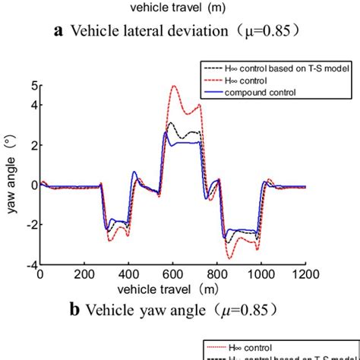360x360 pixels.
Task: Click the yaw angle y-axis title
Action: pos(12,175)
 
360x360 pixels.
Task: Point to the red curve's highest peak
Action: pos(175,86)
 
